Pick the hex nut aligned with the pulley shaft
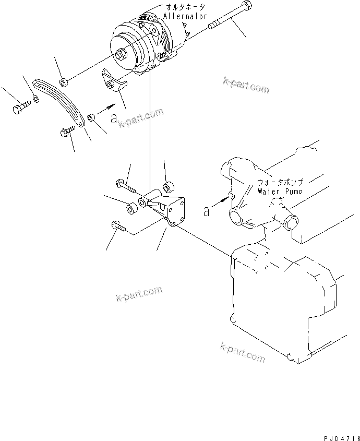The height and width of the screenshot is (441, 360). tap(63, 81)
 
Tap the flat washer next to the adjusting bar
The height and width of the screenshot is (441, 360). tap(35, 99)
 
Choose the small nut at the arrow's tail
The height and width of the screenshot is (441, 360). tap(90, 116)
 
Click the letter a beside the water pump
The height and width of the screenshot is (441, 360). tap(207, 210)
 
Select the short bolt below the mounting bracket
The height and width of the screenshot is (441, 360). tap(117, 226)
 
